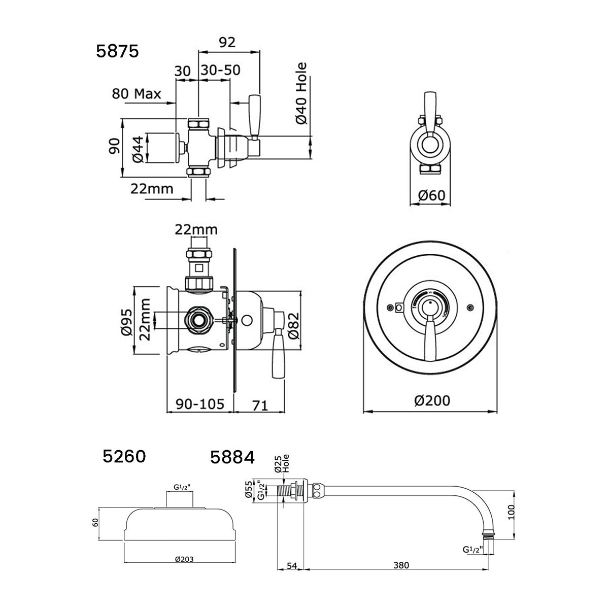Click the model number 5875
[117, 51]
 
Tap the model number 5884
[232, 458]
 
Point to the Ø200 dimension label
[431, 400]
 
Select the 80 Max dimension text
[137, 94]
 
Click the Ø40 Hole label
[302, 93]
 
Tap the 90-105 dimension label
[200, 404]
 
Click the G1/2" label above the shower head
[180, 488]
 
